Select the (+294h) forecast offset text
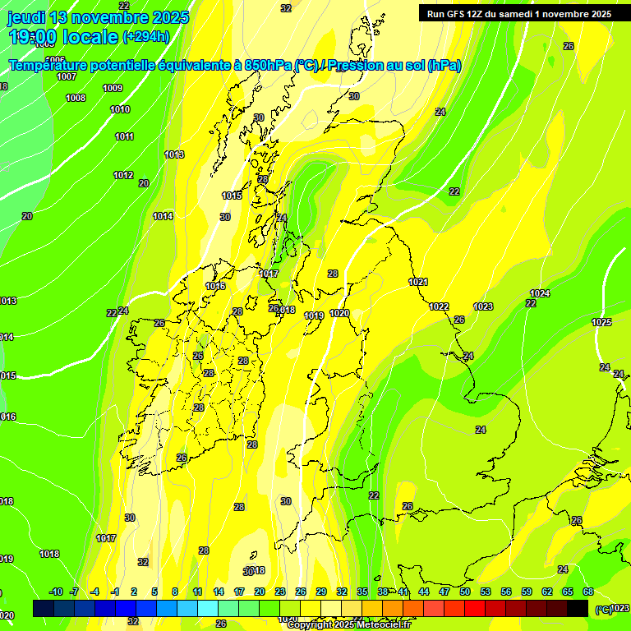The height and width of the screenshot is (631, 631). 147,37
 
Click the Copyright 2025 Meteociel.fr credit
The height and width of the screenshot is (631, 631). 348,624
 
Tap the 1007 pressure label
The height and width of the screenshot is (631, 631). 67,76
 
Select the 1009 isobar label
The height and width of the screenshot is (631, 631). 113,88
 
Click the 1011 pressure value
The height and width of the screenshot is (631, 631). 124,136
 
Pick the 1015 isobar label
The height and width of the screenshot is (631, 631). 232,196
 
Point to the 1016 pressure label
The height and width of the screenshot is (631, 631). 215,286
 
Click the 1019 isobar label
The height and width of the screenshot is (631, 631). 314,315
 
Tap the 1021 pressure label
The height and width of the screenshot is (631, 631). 418,282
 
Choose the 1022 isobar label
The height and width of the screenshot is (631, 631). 439,306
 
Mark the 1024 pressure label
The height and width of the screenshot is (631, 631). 540,293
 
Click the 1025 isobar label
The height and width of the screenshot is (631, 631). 601,322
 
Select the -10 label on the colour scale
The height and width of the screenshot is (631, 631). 56,592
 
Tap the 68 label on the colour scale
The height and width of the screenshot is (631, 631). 588,592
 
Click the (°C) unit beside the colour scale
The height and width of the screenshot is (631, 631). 602,609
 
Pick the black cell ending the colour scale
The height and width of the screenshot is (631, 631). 578,608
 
